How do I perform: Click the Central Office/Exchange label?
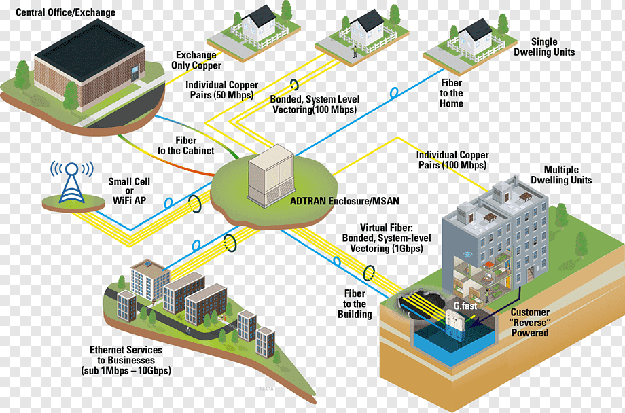click(x=65, y=12)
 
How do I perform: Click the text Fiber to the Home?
click(x=451, y=93)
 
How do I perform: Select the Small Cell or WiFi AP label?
click(x=129, y=192)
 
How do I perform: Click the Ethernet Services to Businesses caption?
click(x=130, y=360)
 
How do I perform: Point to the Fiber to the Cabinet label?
click(x=185, y=145)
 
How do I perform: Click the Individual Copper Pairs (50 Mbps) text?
click(x=221, y=90)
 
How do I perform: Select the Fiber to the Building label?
click(x=355, y=304)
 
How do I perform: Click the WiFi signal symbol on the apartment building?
click(x=467, y=257)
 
